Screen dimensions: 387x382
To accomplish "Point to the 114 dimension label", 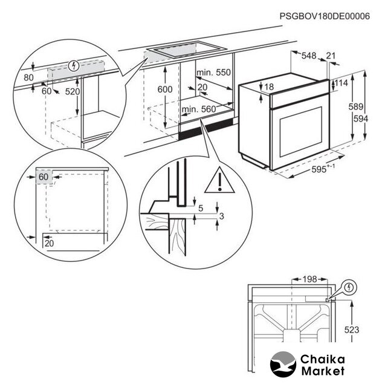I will [342, 82].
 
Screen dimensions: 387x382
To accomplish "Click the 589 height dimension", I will [356, 107].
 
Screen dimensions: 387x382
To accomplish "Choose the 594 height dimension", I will [361, 119].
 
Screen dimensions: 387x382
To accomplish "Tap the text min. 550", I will [213, 73].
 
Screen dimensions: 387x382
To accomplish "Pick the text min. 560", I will [198, 109].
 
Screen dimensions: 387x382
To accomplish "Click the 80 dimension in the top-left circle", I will [29, 77].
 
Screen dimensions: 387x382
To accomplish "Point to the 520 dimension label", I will [73, 91].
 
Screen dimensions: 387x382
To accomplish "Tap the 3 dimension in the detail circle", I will [222, 216].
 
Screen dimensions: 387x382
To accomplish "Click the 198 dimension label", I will [309, 279].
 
